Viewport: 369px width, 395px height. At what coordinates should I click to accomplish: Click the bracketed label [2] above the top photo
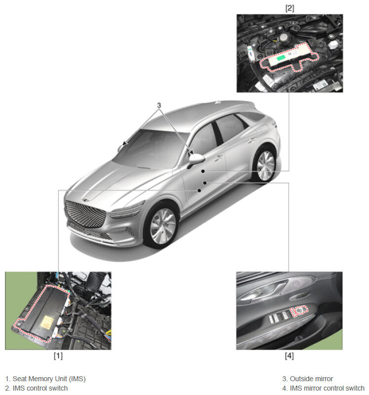(290, 8)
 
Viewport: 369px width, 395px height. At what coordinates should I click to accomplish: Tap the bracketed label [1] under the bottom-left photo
(58, 355)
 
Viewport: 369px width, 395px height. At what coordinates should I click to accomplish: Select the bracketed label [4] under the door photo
(289, 355)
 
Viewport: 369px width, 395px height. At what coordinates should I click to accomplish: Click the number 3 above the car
(159, 105)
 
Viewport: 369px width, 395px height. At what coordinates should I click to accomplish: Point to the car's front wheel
(162, 226)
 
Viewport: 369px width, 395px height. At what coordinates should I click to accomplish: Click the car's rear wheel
(265, 165)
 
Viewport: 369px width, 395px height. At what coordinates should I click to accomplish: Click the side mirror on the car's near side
(196, 158)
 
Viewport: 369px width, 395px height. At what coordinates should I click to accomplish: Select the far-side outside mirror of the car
(120, 148)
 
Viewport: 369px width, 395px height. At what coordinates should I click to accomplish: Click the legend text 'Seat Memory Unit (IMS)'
(49, 379)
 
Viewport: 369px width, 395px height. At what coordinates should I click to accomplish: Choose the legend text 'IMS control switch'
(40, 388)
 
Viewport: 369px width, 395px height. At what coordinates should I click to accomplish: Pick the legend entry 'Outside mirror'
(311, 379)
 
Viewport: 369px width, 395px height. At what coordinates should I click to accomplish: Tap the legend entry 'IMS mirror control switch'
(327, 388)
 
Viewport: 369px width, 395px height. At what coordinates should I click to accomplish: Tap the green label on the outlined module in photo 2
(281, 58)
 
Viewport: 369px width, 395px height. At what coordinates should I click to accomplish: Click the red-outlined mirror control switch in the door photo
(299, 311)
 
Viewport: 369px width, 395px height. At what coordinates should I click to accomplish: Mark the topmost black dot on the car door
(203, 171)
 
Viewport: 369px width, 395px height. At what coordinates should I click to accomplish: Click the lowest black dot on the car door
(199, 191)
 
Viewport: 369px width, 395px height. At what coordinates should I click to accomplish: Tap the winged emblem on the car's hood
(85, 200)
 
